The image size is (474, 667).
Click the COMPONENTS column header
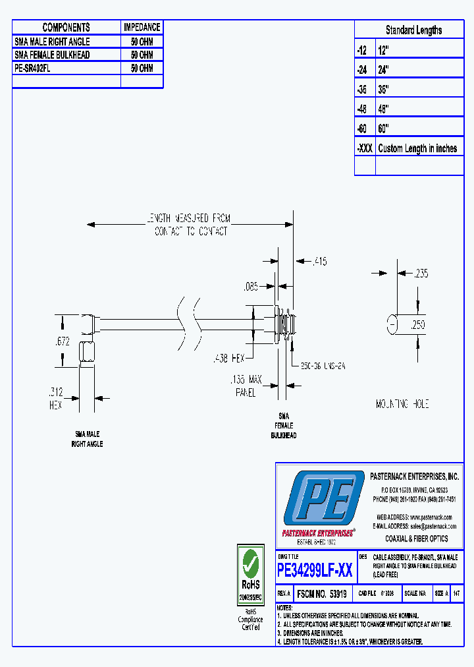pos(66,27)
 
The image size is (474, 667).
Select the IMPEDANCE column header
pos(142,27)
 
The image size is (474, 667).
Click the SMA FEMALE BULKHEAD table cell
pos(52,55)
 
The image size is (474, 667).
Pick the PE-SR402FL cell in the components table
pos(32,68)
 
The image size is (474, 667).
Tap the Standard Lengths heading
pos(413,30)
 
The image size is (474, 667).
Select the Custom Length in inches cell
pos(417,148)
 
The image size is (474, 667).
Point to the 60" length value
pos(384,129)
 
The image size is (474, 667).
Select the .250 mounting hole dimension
pos(418,324)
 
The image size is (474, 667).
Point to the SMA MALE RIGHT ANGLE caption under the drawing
pos(87,439)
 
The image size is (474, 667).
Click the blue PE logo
pos(323,499)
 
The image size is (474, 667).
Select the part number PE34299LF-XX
pos(315,571)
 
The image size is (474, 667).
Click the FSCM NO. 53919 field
pos(322,594)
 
